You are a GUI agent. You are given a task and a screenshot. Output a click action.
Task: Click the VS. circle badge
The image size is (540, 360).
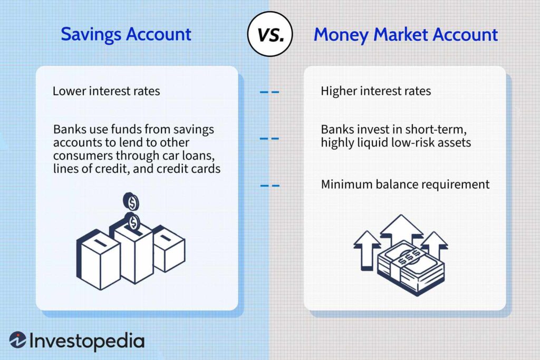(269, 35)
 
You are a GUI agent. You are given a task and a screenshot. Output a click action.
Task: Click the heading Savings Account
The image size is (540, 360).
(126, 34)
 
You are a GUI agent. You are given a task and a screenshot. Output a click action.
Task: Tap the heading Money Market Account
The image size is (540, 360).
(406, 35)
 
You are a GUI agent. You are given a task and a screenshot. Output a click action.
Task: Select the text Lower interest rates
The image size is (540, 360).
(106, 91)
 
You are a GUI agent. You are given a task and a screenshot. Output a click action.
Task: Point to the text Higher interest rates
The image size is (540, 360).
(375, 91)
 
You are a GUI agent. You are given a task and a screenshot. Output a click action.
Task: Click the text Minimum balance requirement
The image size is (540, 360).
(405, 184)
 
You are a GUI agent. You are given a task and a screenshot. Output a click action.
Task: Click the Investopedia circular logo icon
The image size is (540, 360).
(18, 340)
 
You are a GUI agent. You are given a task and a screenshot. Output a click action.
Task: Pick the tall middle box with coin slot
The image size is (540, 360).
(133, 250)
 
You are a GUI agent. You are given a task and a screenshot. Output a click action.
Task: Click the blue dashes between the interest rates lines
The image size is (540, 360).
(269, 92)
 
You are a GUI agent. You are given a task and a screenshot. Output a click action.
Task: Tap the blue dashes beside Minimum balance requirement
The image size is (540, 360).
(269, 185)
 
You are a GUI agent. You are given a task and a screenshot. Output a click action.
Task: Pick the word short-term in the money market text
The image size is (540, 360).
(440, 130)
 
